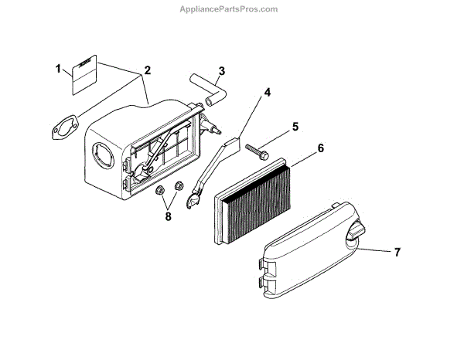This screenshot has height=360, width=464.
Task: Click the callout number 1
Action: point(59,70)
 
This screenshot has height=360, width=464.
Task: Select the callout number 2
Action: point(147,70)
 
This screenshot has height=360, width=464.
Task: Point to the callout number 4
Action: point(267,93)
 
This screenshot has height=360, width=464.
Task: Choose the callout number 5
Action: point(294,126)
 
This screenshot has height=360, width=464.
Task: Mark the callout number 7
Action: point(397,251)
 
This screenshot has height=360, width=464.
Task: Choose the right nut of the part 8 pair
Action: point(178,185)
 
